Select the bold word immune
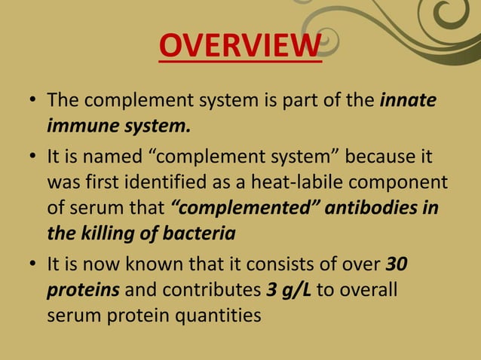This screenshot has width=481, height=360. pyautogui.click(x=82, y=125)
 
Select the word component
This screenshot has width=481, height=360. pyautogui.click(x=408, y=183)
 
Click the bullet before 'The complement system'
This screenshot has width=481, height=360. pyautogui.click(x=34, y=100)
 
